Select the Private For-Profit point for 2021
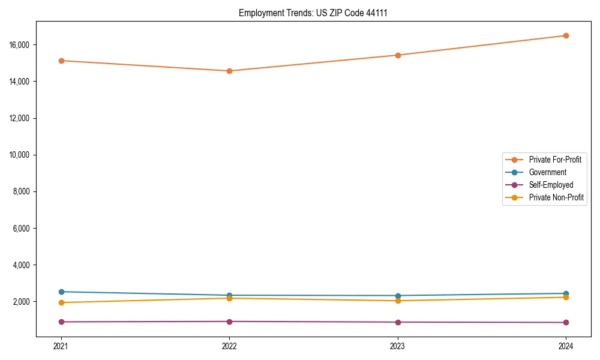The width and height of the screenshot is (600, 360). point(61,61)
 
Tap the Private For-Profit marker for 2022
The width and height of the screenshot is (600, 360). point(229,71)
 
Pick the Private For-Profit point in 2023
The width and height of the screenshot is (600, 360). point(398,55)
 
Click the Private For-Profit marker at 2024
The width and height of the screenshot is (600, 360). point(566,35)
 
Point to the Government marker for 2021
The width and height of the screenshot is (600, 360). point(61,292)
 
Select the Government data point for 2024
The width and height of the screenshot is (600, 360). point(566,293)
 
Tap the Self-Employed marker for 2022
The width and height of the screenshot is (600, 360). point(229,322)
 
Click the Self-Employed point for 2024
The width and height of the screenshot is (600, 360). point(566,322)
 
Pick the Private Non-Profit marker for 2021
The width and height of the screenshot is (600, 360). point(61,302)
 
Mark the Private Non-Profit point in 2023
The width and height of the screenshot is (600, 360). point(398,301)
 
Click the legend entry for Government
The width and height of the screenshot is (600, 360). point(547,172)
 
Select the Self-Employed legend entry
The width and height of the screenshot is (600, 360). point(551,185)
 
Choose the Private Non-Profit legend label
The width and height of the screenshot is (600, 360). point(556,197)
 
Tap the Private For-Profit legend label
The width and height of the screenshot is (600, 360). point(555,160)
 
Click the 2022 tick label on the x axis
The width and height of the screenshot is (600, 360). point(229,346)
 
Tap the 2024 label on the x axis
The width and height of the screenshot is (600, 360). point(566,346)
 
